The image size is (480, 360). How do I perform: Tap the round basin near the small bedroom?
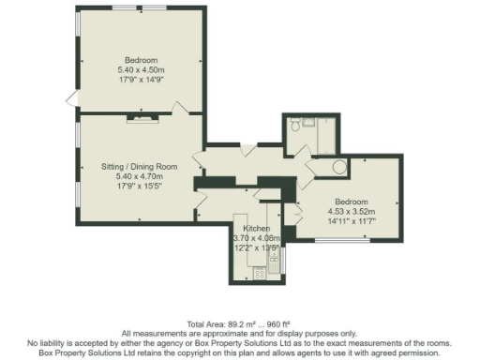(x=339, y=169)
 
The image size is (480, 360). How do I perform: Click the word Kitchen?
(x=256, y=229)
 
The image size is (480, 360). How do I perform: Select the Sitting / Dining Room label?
(x=139, y=166)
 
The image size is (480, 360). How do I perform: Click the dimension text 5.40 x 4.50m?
(x=141, y=70)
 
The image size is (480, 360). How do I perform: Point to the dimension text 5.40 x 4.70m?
(x=139, y=175)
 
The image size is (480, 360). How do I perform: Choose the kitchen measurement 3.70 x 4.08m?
(x=256, y=238)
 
